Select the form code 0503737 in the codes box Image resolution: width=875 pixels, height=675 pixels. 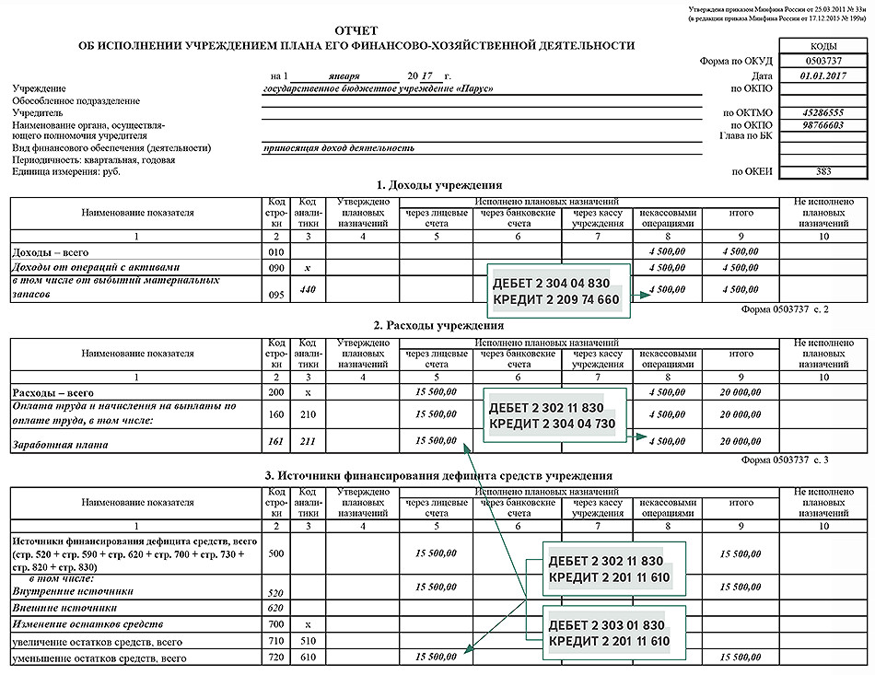pyautogui.click(x=811, y=61)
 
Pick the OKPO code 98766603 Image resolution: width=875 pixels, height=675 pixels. pyautogui.click(x=811, y=125)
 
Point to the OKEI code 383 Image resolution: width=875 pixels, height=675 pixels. pyautogui.click(x=811, y=171)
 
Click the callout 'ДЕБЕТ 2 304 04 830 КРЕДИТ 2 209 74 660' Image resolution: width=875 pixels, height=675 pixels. pyautogui.click(x=560, y=290)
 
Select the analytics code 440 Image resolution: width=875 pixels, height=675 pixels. pyautogui.click(x=308, y=287)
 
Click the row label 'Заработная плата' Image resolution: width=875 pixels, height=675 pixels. pyautogui.click(x=47, y=444)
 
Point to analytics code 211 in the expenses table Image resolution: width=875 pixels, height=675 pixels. pyautogui.click(x=308, y=443)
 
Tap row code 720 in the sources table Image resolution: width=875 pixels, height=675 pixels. pyautogui.click(x=275, y=658)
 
